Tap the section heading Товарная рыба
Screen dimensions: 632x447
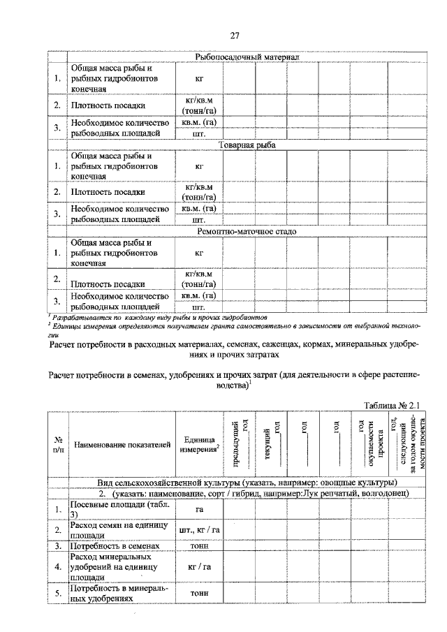pos(247,145)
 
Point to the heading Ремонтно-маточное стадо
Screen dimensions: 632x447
pos(247,231)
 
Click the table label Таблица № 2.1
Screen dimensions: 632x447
pos(394,405)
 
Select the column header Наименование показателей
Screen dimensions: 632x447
pos(122,444)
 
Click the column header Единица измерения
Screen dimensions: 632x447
pos(198,444)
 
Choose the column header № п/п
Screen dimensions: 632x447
pos(58,445)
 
